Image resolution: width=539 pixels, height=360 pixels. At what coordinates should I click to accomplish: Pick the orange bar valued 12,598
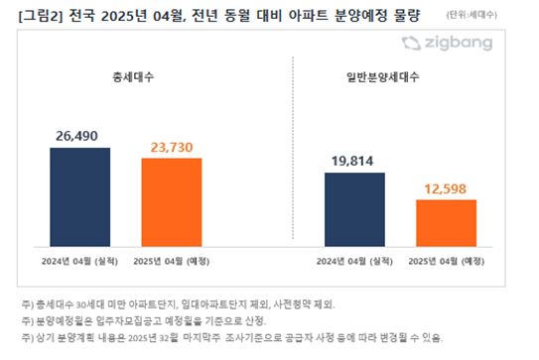coord(446,222)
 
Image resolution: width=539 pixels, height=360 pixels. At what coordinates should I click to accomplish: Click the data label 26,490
coord(90,137)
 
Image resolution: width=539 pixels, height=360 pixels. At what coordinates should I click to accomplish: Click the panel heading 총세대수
coord(133,75)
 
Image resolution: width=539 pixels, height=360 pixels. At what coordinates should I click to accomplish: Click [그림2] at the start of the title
coord(33,13)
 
